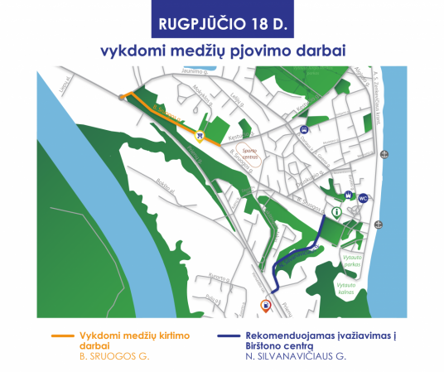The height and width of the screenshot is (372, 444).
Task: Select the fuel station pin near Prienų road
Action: (x=265, y=305)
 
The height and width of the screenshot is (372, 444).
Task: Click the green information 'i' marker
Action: (x=336, y=213)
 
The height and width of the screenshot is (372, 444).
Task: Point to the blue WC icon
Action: (x=363, y=198)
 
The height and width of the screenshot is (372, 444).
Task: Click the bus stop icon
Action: (x=306, y=129)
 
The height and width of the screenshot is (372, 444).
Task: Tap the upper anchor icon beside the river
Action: (x=384, y=155)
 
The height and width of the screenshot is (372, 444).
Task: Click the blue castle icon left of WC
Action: (x=349, y=197)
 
